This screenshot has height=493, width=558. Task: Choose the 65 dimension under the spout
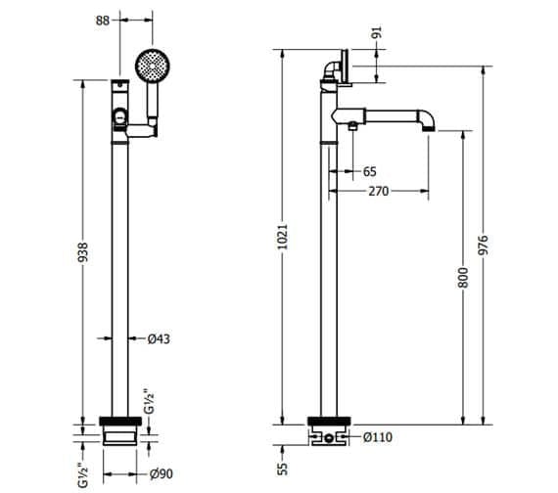coord(369,171)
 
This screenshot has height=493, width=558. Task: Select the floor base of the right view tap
coord(328,432)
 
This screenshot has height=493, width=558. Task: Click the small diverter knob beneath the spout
coord(351,126)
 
